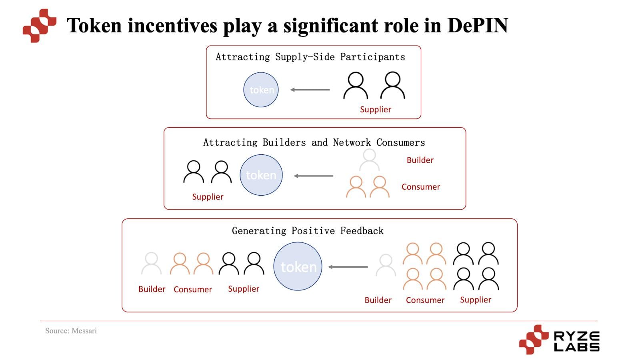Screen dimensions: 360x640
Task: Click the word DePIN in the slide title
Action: click(477, 26)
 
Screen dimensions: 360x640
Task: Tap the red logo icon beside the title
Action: click(39, 26)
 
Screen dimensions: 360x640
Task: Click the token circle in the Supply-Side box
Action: click(261, 90)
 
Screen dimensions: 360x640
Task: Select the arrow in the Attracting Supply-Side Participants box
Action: click(310, 90)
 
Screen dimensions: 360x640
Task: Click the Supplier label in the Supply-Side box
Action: click(375, 109)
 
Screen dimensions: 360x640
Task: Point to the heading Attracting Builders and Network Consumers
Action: click(314, 142)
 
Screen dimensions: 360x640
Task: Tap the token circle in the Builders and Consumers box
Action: click(261, 175)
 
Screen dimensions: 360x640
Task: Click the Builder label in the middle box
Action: click(420, 160)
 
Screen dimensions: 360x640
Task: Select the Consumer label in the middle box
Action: click(420, 187)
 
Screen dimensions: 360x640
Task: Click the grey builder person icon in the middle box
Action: click(369, 160)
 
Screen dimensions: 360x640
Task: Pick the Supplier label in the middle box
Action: click(208, 197)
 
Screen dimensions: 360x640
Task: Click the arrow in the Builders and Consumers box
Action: click(314, 176)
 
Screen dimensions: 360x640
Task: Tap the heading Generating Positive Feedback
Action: click(308, 231)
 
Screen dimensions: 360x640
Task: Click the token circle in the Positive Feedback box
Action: click(298, 266)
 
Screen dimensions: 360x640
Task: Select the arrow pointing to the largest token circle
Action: click(348, 267)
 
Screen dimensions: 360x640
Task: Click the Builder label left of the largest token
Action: click(152, 289)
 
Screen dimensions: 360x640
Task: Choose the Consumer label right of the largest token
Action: click(425, 300)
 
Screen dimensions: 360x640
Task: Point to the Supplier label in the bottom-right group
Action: click(475, 300)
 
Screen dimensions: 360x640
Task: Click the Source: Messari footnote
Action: click(71, 331)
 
